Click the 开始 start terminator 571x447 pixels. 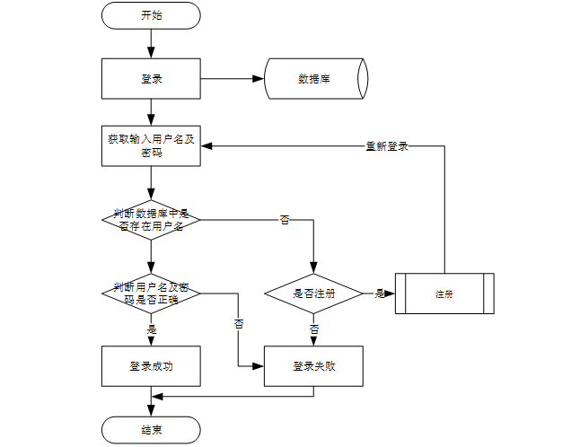[151, 15]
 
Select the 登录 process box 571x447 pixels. [151, 79]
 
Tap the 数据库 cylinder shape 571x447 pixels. [315, 79]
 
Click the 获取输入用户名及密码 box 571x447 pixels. [151, 145]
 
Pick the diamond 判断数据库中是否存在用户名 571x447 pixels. [151, 219]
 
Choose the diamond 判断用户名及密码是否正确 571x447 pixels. [151, 293]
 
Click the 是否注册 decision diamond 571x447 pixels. [312, 293]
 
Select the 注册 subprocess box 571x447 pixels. [444, 293]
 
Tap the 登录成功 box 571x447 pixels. [151, 365]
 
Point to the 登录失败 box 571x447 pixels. [312, 365]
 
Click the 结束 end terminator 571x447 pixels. [151, 430]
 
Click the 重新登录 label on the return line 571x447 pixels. [387, 145]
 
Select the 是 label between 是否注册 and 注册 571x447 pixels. [379, 294]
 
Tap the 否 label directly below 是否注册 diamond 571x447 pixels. [313, 329]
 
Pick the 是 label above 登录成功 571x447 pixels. [151, 329]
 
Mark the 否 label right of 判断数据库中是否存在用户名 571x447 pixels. [285, 219]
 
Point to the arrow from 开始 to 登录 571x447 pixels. [151, 43]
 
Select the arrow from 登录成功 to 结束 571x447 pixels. [151, 401]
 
